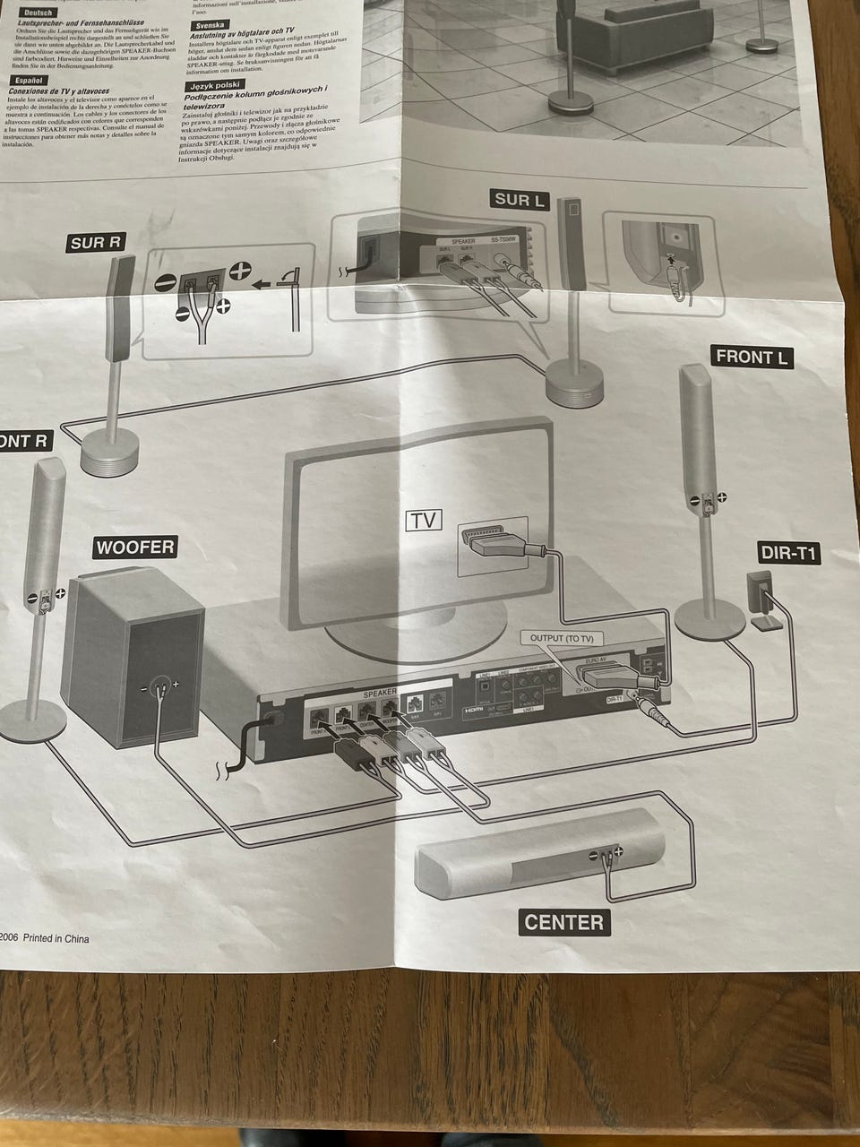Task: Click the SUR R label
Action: pyautogui.click(x=95, y=243)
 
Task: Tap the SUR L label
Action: pyautogui.click(x=519, y=200)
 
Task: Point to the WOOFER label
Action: pyautogui.click(x=135, y=547)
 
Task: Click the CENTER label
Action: pyautogui.click(x=563, y=921)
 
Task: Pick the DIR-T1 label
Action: pyautogui.click(x=788, y=553)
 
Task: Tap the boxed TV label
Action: pyautogui.click(x=426, y=521)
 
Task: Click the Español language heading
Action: pyautogui.click(x=30, y=80)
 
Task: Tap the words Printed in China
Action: pyautogui.click(x=56, y=939)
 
